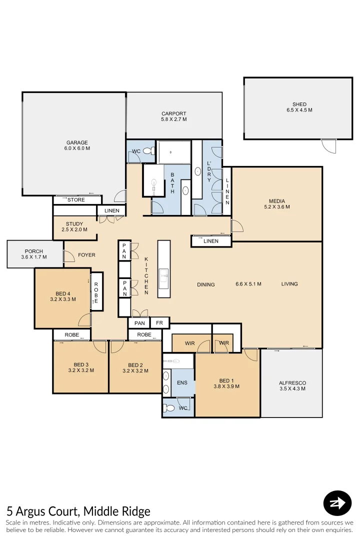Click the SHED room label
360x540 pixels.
[299, 104]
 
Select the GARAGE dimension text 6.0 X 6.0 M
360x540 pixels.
[77, 148]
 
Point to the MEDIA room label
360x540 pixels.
[277, 200]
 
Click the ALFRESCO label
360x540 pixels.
[292, 383]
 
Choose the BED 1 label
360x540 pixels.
[226, 380]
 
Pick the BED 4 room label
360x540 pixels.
[63, 293]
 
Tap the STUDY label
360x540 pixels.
[74, 224]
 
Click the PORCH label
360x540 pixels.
[34, 251]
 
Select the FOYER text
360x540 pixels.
[86, 255]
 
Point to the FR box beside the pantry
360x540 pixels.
[159, 323]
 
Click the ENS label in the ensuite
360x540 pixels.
[182, 382]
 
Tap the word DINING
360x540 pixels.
[206, 284]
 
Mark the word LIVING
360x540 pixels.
[289, 284]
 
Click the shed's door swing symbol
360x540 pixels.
[328, 145]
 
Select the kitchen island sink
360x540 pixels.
[163, 275]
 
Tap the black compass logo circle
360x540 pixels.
[337, 503]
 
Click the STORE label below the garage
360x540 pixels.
[76, 200]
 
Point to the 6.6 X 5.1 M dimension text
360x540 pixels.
[248, 284]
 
